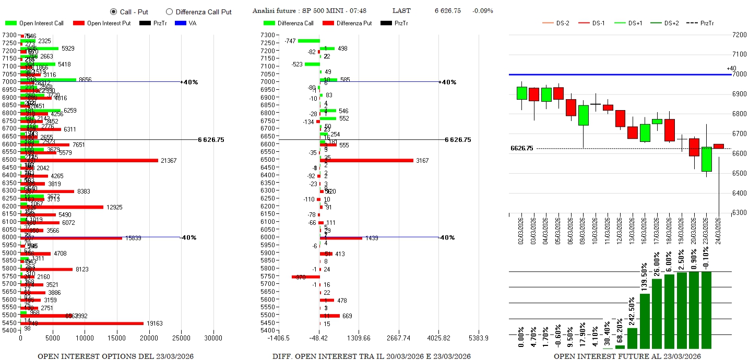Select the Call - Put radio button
pyautogui.click(x=113, y=11)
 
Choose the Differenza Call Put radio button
pyautogui.click(x=169, y=11)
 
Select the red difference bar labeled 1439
pyautogui.click(x=341, y=238)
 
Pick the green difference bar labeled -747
pyautogui.click(x=308, y=41)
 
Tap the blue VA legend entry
pyautogui.click(x=186, y=23)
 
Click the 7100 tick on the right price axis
pyautogui.click(x=740, y=54)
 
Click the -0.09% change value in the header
pyautogui.click(x=482, y=11)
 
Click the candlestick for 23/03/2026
pyautogui.click(x=706, y=159)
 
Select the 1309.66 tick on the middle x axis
pyautogui.click(x=360, y=338)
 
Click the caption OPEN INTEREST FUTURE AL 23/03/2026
pyautogui.click(x=627, y=356)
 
